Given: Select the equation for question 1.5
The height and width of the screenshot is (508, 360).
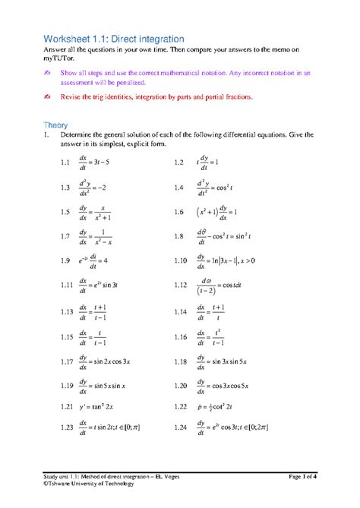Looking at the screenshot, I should coord(99,213).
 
